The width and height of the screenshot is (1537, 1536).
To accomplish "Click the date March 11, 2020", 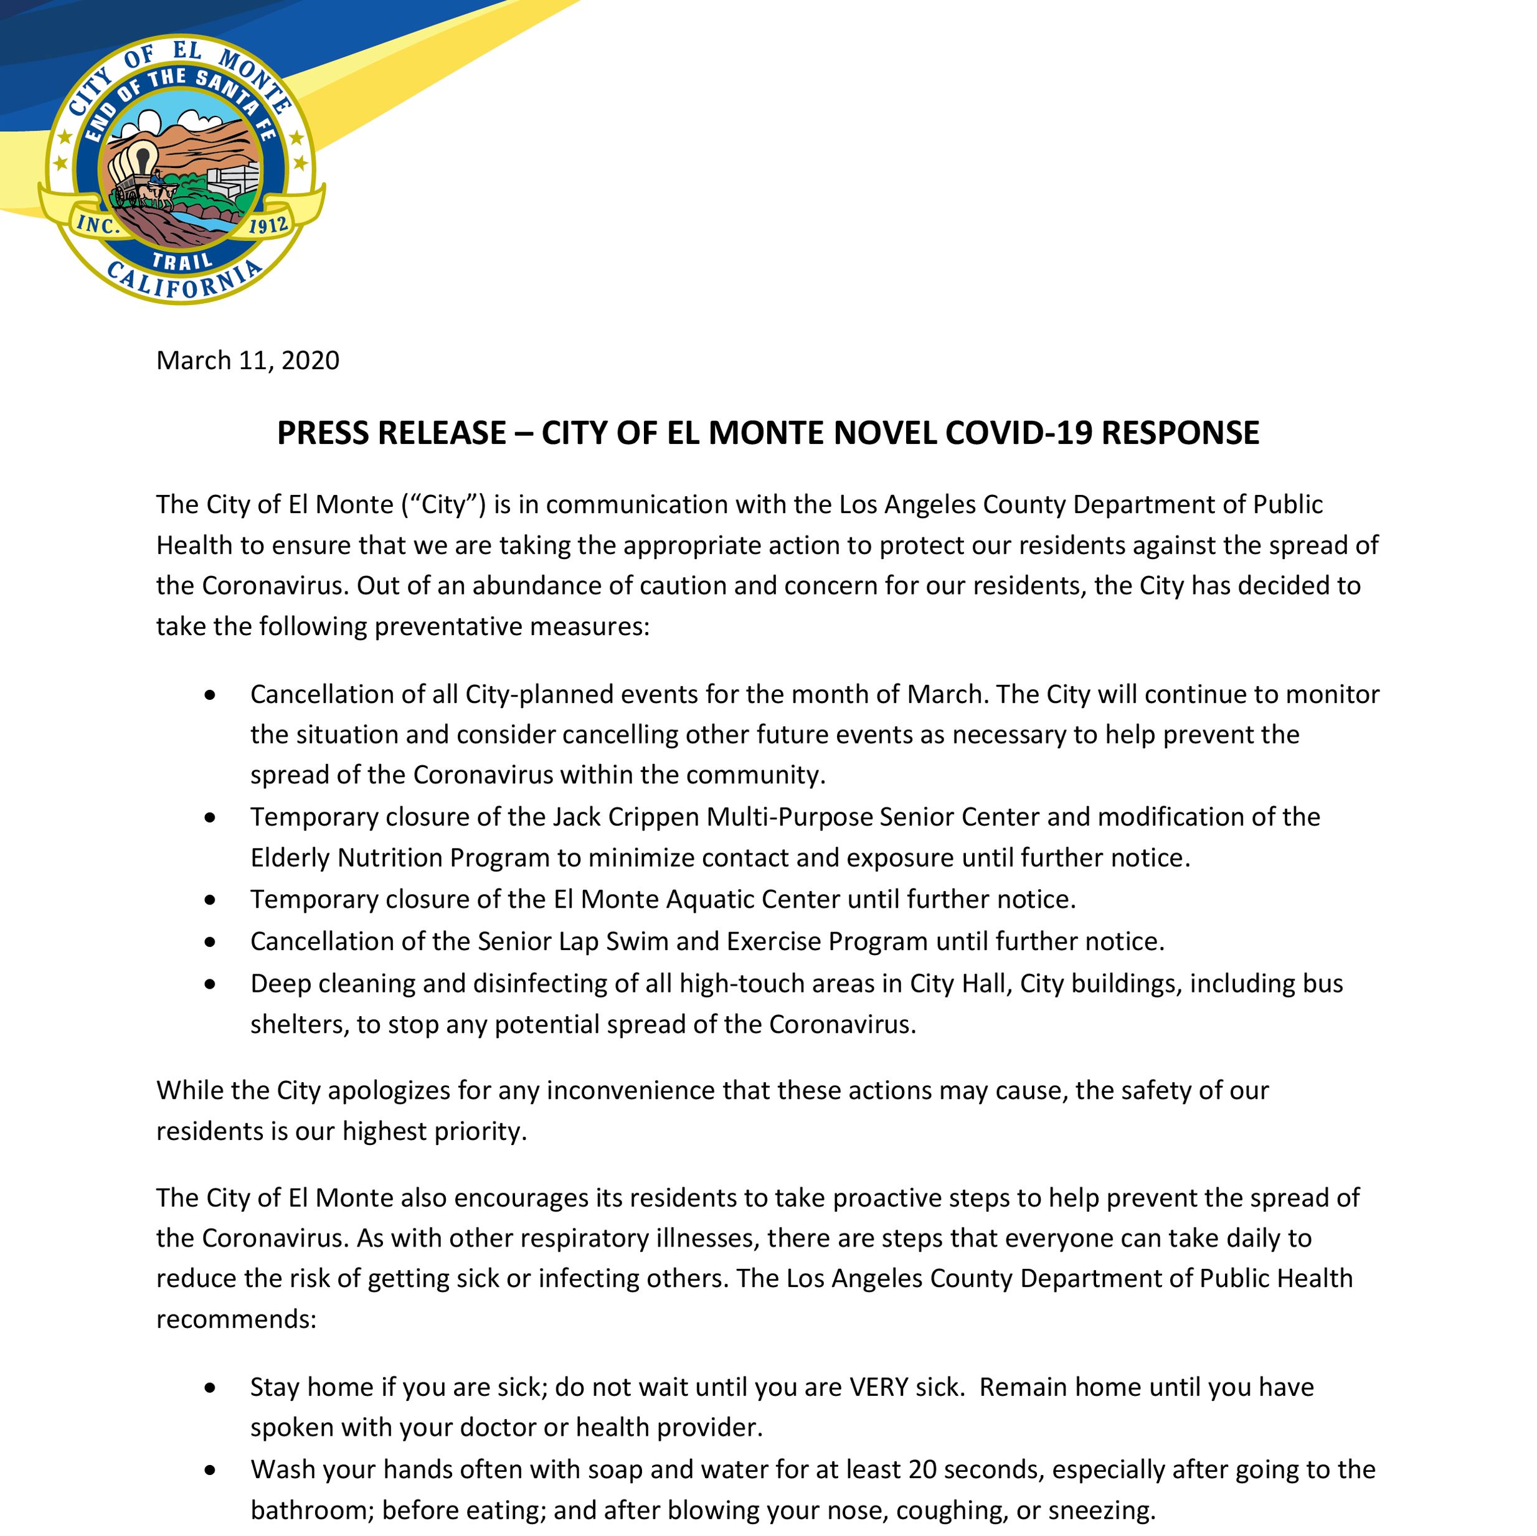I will click(x=247, y=360).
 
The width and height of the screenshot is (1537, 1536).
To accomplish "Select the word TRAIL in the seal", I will click(x=182, y=258).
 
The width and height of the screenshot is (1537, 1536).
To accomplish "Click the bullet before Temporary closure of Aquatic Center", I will click(x=209, y=900).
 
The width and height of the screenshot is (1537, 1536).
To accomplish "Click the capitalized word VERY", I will click(x=878, y=1387).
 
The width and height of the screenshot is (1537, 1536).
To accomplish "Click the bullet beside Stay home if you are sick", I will click(x=209, y=1387).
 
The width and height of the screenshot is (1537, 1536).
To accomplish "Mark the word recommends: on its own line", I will click(x=236, y=1319).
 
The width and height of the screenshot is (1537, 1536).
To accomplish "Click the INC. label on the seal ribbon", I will click(x=98, y=226).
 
